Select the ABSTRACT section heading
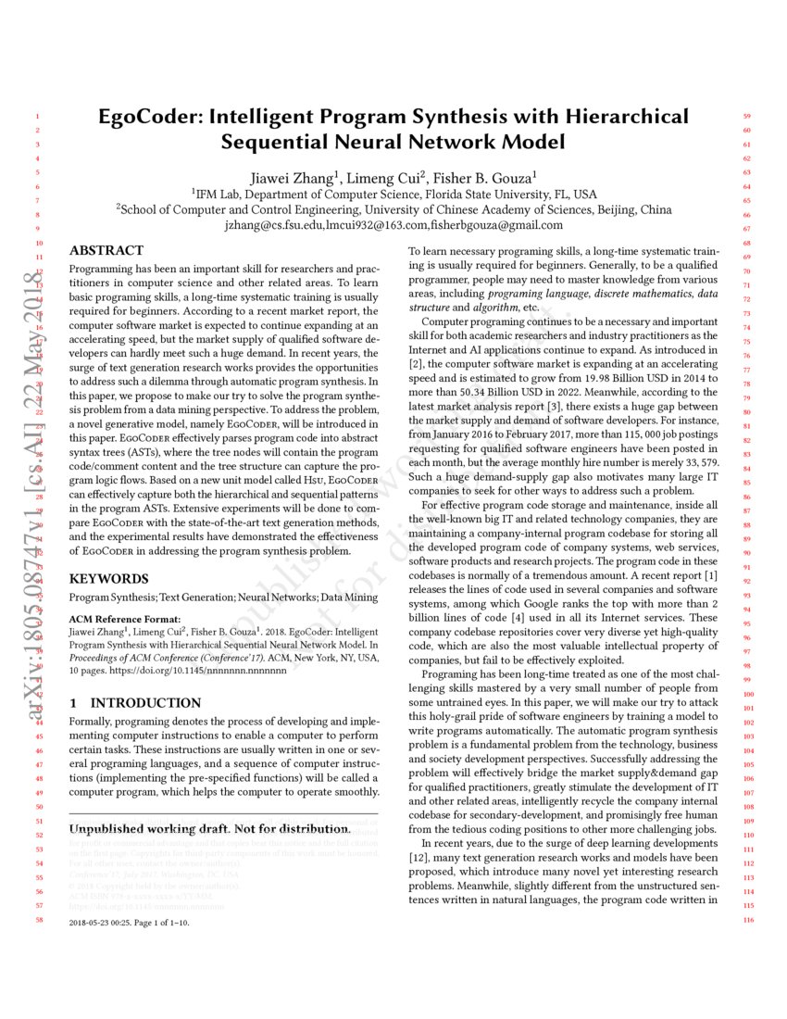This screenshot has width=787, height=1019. [x=106, y=250]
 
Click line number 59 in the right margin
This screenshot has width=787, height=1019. [x=747, y=117]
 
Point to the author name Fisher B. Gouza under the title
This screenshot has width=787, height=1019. [x=459, y=176]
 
